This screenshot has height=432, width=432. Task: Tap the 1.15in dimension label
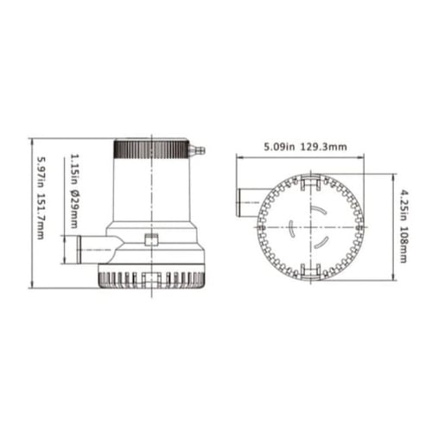74,168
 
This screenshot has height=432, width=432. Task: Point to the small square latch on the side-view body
152,240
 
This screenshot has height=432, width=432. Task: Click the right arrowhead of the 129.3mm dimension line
362,157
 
